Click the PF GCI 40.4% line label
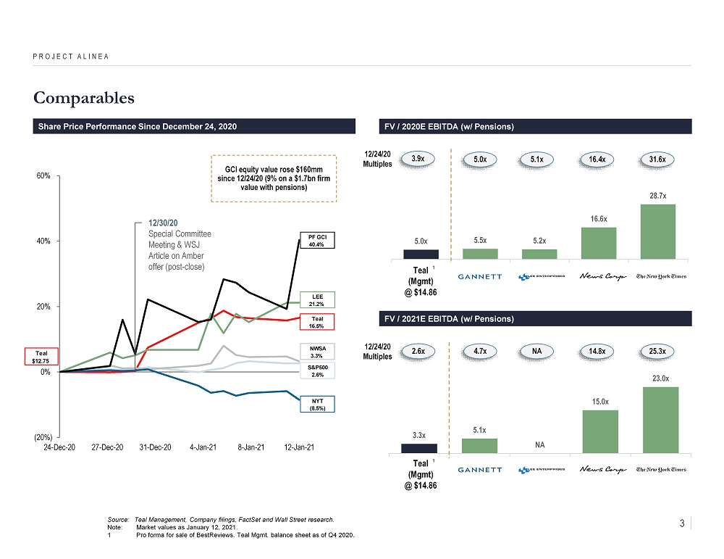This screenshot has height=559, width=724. pyautogui.click(x=313, y=241)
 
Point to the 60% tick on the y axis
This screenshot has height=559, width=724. pyautogui.click(x=44, y=175)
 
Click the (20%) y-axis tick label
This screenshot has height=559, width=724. pyautogui.click(x=41, y=436)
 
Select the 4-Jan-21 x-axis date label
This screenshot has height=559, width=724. pyautogui.click(x=203, y=447)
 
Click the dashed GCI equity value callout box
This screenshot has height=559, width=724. pyautogui.click(x=274, y=178)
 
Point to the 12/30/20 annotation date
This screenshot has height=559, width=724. pyautogui.click(x=162, y=223)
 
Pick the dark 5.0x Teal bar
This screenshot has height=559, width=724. pyautogui.click(x=421, y=254)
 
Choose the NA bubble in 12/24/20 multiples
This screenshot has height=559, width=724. pyautogui.click(x=539, y=351)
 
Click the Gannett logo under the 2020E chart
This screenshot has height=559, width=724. pyautogui.click(x=480, y=276)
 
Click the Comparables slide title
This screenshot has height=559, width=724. pyautogui.click(x=83, y=96)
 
